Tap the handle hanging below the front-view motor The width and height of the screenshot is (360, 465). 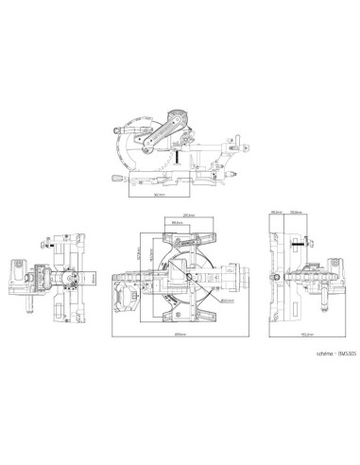pyautogui.click(x=27, y=302)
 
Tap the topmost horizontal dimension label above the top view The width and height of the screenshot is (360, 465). pyautogui.click(x=189, y=214)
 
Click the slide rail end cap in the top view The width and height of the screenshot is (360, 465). pyautogui.click(x=244, y=277)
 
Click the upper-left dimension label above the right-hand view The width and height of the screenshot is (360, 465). pyautogui.click(x=277, y=213)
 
